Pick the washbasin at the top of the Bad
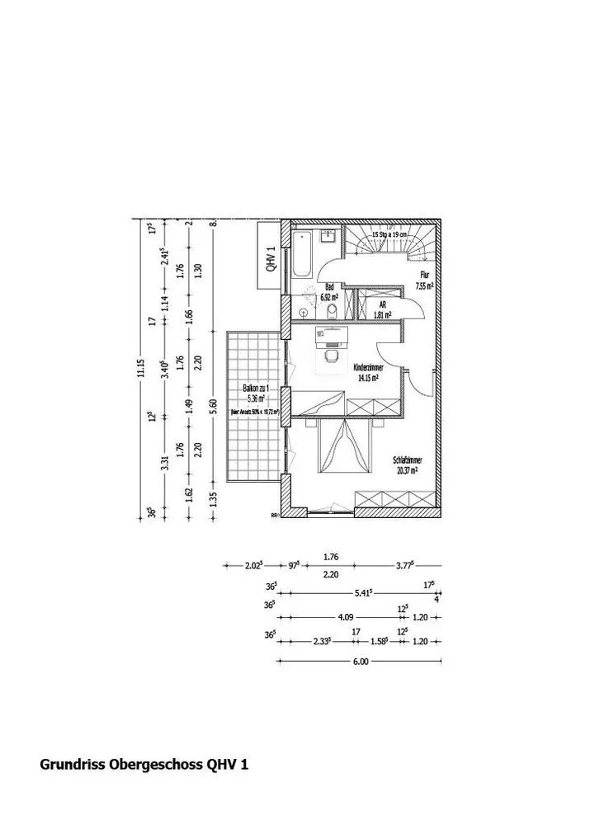click(328, 236)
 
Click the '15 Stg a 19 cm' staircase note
click(389, 234)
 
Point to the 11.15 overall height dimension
click(141, 368)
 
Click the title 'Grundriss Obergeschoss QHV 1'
click(144, 765)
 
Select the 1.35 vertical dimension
click(212, 497)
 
